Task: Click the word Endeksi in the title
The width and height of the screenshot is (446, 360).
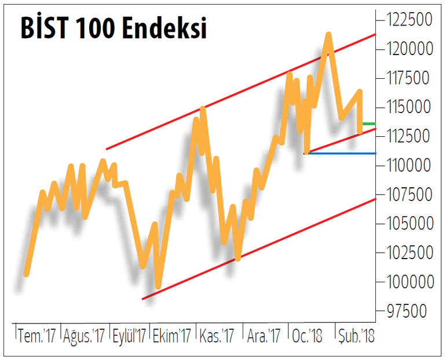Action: (x=164, y=28)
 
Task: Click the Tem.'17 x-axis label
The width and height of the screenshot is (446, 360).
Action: (x=37, y=336)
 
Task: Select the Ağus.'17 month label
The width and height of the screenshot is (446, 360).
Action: (x=84, y=336)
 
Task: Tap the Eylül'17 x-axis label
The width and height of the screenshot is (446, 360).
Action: (x=129, y=336)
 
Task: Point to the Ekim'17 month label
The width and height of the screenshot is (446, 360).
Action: (x=171, y=336)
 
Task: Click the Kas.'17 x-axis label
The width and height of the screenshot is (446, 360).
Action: (x=217, y=336)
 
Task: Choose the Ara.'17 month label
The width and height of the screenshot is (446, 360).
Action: (x=264, y=336)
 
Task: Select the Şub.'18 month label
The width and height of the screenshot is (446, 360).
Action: (x=356, y=336)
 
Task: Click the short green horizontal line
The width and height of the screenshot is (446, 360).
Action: (x=368, y=123)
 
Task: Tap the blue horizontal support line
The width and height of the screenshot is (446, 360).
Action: (x=342, y=153)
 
